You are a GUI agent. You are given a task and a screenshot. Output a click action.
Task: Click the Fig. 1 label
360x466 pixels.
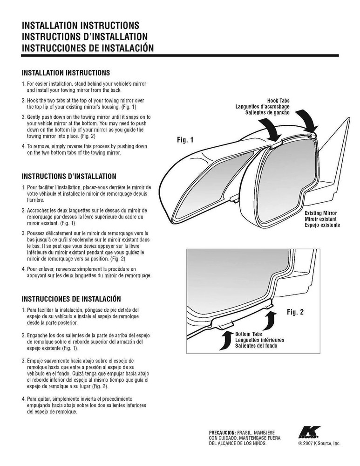pos(185,139)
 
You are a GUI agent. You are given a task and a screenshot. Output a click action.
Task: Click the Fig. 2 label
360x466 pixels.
pos(295,312)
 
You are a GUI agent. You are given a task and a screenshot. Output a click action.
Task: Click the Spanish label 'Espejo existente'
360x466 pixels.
pos(322,225)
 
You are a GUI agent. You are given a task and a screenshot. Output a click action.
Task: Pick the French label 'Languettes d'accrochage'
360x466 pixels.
pos(263,107)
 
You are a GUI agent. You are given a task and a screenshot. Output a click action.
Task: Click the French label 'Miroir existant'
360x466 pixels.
pos(321,219)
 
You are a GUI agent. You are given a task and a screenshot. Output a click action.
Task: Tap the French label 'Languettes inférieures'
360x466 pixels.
pos(259,340)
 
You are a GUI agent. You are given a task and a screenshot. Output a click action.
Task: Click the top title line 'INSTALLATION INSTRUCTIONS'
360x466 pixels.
pos(81,25)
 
